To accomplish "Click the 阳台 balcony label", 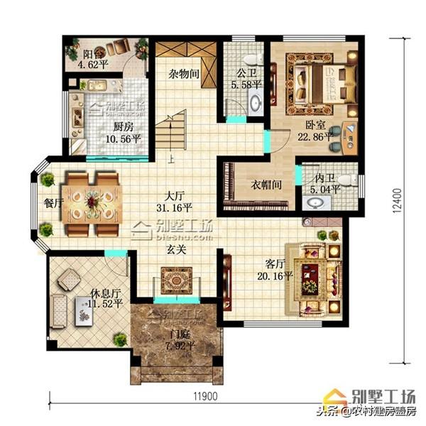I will pos(92,53).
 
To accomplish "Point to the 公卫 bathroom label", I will pos(241,73).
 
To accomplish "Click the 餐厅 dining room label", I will pos(53,202).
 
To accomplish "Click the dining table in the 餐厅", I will pos(93,202).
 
